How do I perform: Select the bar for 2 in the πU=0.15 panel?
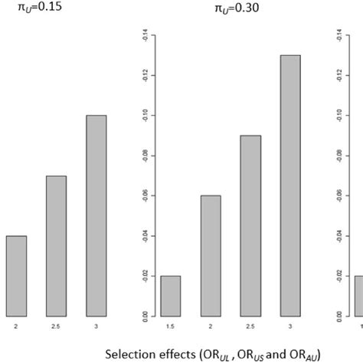[x=15, y=276]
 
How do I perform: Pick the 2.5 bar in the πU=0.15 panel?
[x=56, y=246]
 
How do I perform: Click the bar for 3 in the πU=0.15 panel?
[x=96, y=215]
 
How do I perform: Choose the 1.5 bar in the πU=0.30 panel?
[x=171, y=296]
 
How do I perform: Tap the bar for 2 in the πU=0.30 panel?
[x=211, y=256]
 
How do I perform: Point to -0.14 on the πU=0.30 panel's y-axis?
[x=143, y=35]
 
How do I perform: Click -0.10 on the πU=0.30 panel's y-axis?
[x=143, y=116]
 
